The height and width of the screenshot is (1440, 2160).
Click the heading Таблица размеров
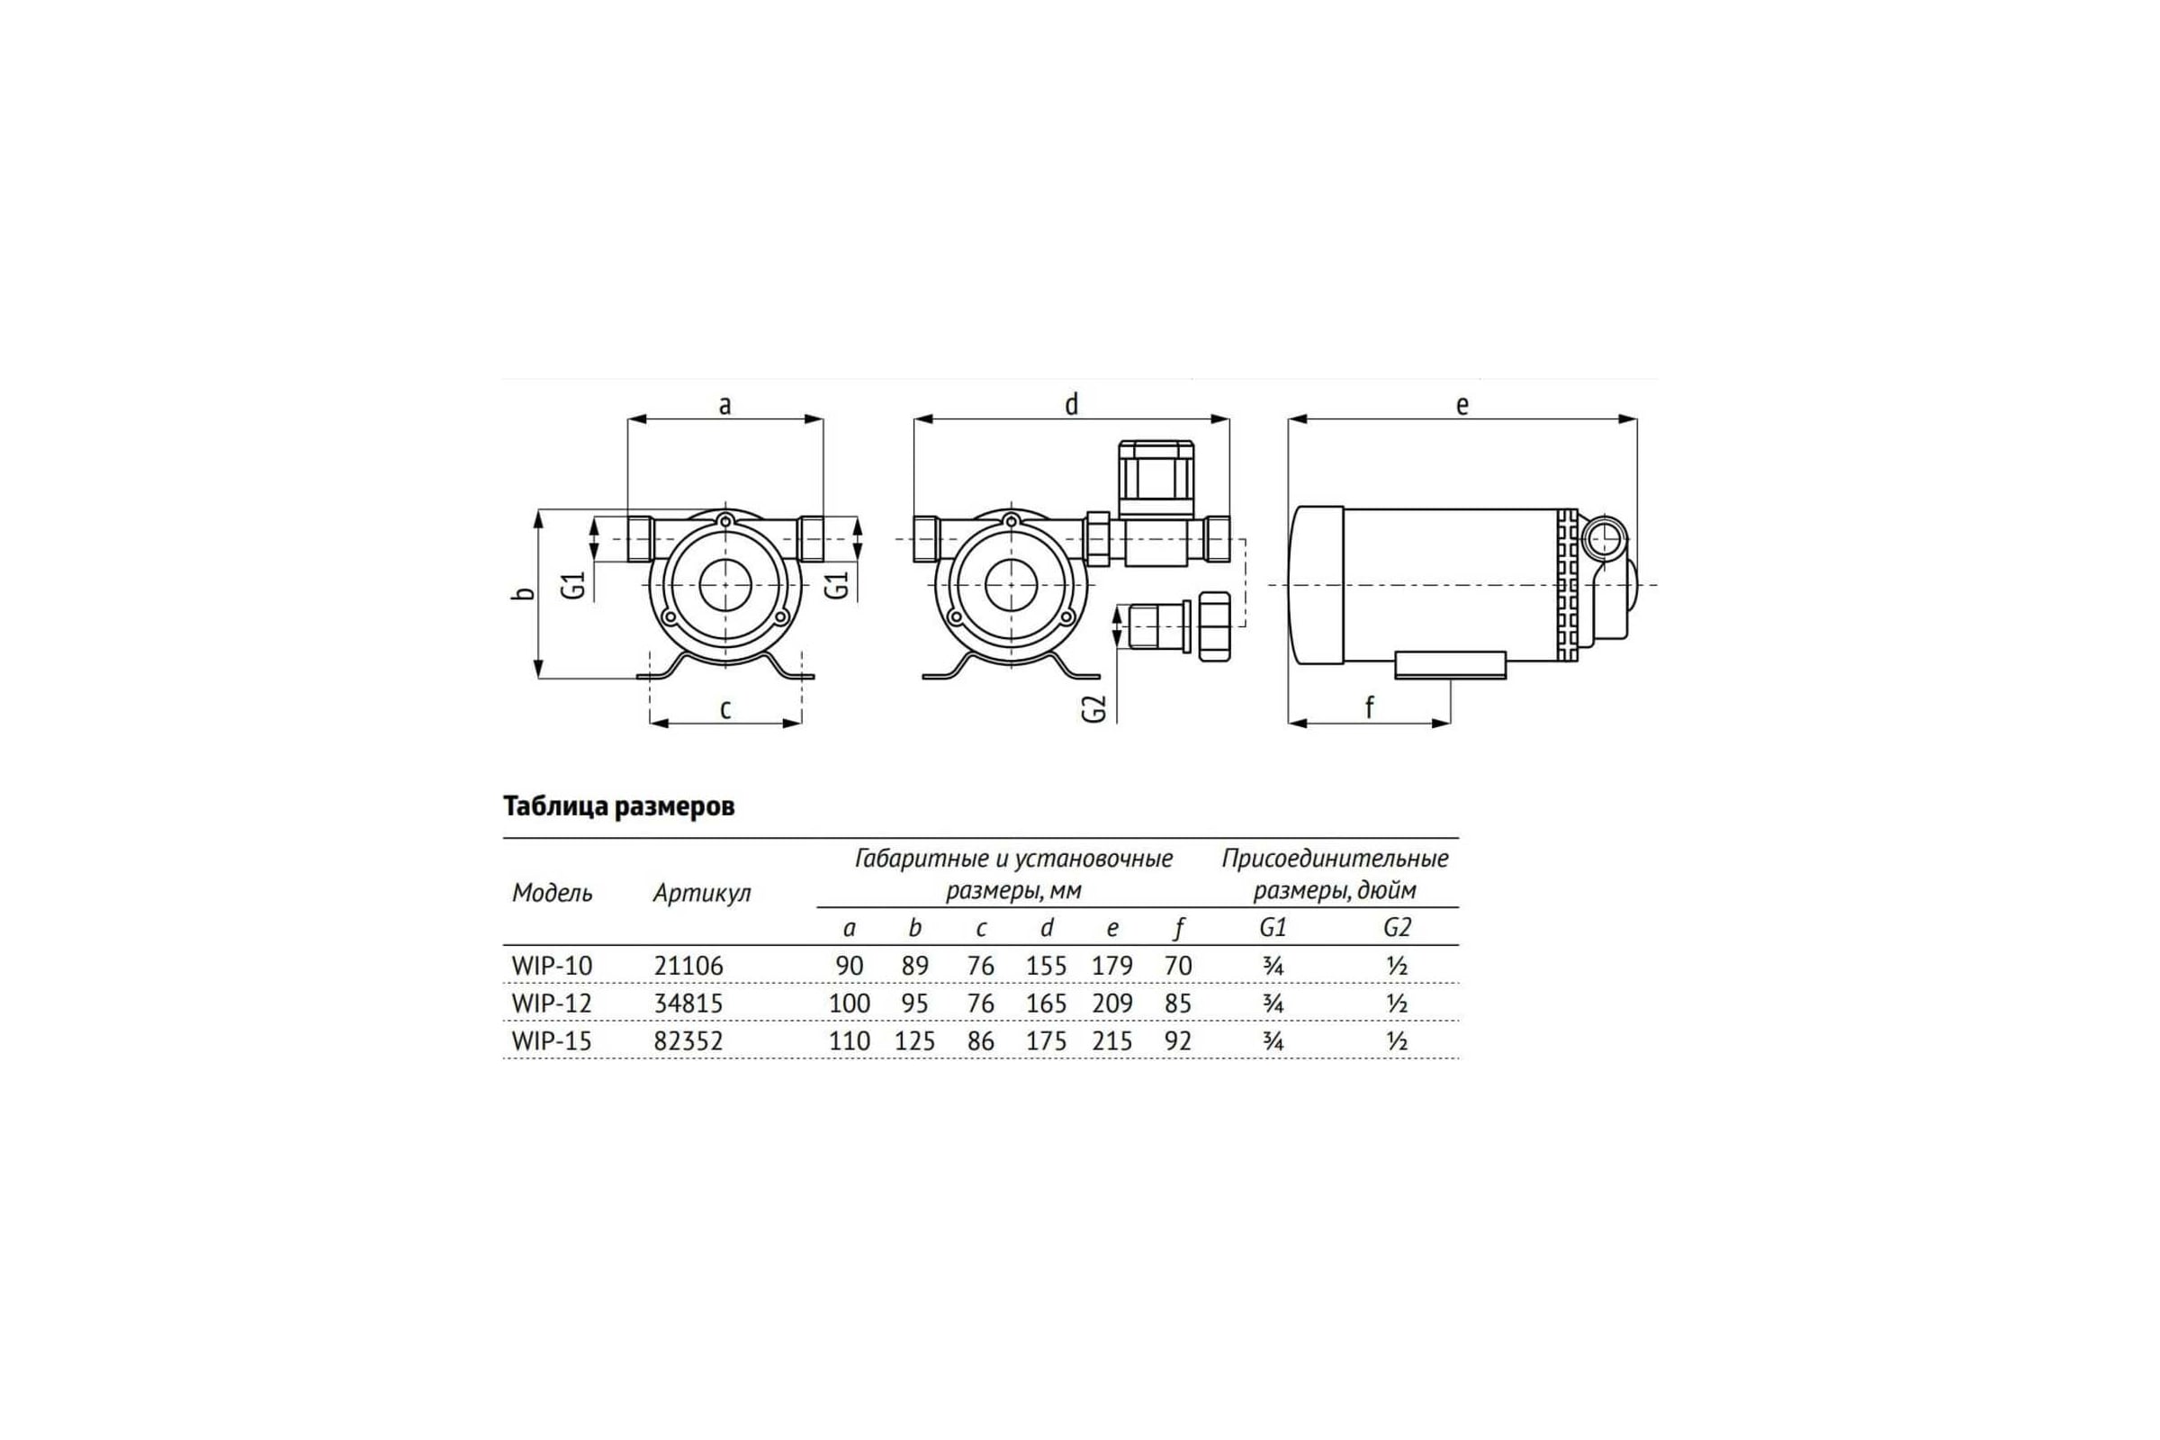(618, 806)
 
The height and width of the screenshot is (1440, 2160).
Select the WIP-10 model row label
(552, 966)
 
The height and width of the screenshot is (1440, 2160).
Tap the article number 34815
(688, 1003)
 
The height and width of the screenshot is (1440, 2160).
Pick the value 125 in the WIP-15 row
(914, 1041)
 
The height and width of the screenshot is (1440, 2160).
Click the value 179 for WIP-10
(1112, 966)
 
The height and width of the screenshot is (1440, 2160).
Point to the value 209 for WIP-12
(1112, 1003)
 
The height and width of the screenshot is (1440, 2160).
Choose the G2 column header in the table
(1396, 928)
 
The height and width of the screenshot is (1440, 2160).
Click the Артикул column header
(702, 893)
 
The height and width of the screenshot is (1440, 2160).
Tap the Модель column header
(552, 893)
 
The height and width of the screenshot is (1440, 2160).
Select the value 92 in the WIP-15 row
(1177, 1041)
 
